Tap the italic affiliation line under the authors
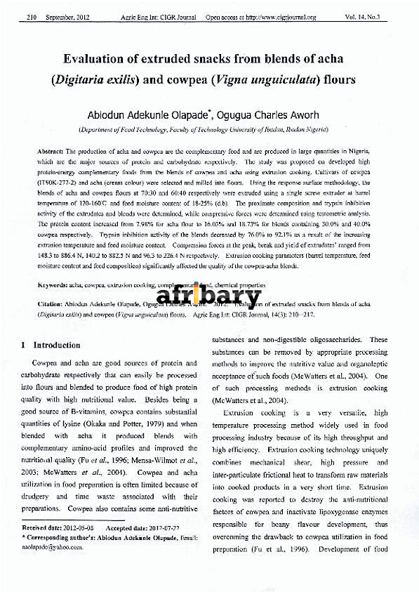point(209,131)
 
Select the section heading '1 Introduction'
point(51,346)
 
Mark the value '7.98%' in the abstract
point(139,221)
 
